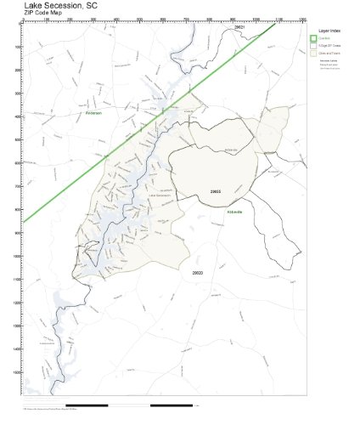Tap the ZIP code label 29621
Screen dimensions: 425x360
pos(239,27)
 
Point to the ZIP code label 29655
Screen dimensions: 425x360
pos(216,192)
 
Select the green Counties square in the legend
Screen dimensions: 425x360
pos(314,38)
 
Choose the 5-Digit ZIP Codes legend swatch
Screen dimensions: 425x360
pos(314,46)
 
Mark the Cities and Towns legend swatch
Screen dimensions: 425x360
pos(314,54)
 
